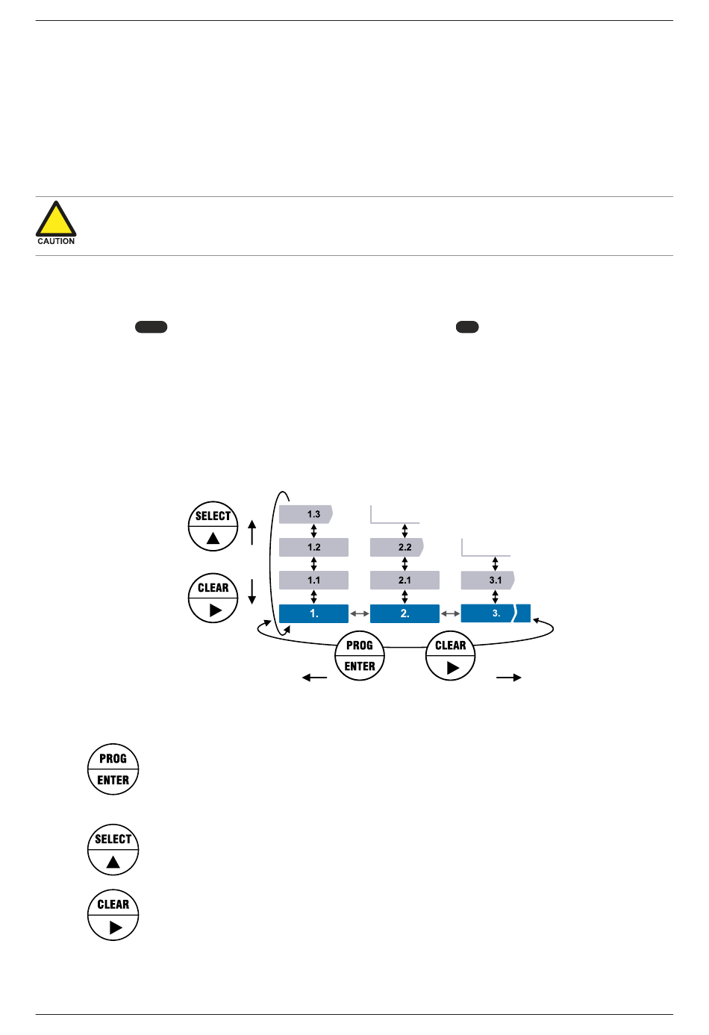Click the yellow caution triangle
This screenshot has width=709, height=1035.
(x=56, y=221)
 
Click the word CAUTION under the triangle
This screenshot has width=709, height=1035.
(x=56, y=241)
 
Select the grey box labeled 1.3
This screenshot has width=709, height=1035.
(x=306, y=514)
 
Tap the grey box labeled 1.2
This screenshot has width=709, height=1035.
(x=313, y=547)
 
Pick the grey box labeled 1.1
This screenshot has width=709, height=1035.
(x=313, y=580)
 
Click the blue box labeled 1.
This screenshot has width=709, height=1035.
(x=313, y=613)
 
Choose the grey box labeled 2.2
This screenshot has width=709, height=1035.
(x=397, y=547)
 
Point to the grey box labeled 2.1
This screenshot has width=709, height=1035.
(x=405, y=580)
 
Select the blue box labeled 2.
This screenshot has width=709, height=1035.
(x=405, y=613)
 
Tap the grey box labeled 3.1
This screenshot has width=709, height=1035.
(x=488, y=580)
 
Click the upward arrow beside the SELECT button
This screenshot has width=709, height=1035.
(x=252, y=532)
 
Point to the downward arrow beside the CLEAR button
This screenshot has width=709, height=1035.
(x=252, y=591)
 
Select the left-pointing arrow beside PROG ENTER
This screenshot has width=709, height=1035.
(x=314, y=678)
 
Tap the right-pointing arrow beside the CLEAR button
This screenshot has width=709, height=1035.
(x=509, y=678)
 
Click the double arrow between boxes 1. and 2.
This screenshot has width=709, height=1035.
(x=360, y=613)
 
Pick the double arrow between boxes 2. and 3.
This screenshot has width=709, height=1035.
(x=450, y=613)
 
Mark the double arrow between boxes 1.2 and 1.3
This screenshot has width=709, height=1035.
(x=313, y=531)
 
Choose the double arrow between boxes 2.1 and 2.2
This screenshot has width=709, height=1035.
(x=405, y=563)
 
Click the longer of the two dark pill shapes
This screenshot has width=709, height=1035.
(x=151, y=327)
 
